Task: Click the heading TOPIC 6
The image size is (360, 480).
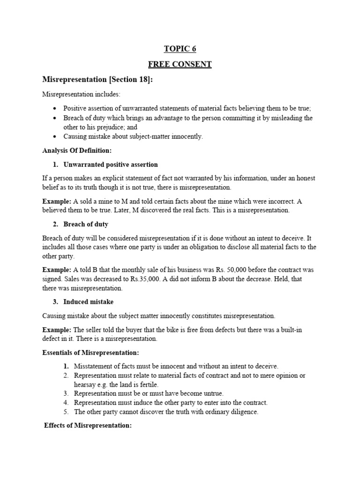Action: (180, 48)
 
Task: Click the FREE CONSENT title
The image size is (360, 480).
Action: (180, 64)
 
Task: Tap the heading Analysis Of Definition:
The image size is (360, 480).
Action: (76, 150)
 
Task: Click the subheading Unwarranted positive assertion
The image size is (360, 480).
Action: (111, 165)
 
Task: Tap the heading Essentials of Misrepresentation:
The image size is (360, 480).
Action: (90, 352)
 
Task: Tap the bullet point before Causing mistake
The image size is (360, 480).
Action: (55, 136)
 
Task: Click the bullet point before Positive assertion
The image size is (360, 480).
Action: (55, 108)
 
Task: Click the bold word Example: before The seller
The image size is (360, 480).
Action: (57, 330)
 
